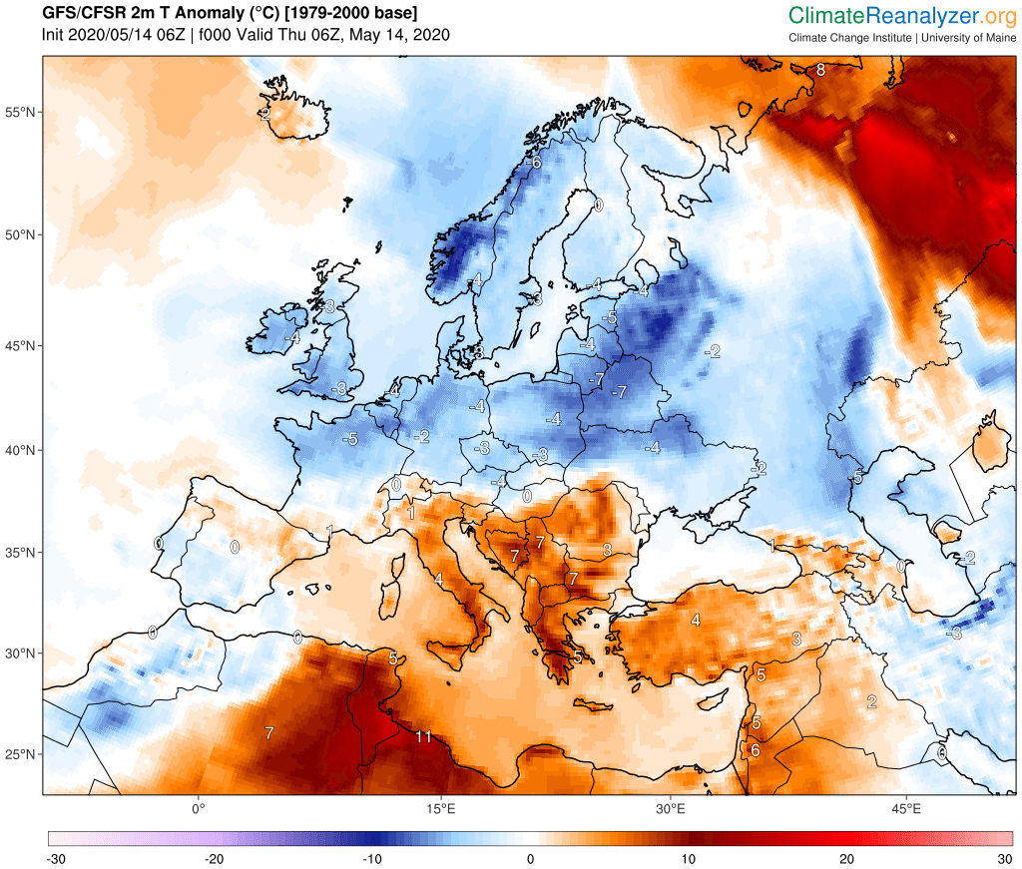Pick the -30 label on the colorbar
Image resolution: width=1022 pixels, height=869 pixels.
click(x=56, y=858)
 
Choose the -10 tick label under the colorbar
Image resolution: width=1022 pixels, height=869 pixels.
click(x=371, y=858)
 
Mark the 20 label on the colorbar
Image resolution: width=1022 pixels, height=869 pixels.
click(x=846, y=858)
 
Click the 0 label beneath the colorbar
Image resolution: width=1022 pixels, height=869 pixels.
click(x=530, y=858)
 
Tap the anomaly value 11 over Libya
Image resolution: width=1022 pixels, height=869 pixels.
click(x=423, y=737)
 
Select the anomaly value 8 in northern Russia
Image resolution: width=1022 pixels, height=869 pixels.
click(x=820, y=70)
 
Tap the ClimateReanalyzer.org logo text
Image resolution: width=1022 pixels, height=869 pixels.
click(x=901, y=15)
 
